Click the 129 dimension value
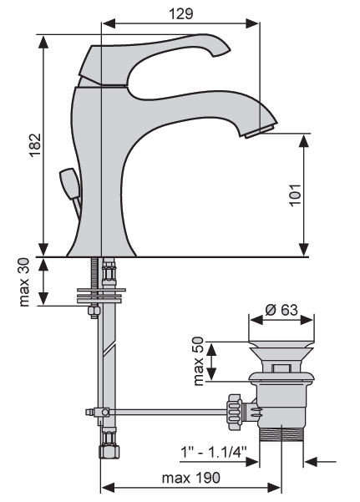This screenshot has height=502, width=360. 181,13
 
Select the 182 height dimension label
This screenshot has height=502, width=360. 35,145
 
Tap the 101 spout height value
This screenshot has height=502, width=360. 295,195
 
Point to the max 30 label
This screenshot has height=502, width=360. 24,282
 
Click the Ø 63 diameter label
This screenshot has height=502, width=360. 281,310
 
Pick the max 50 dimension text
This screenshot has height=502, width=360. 199,361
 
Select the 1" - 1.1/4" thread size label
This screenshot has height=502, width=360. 214,453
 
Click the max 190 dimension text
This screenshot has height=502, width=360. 191,478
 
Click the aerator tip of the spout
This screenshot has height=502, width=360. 260,132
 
